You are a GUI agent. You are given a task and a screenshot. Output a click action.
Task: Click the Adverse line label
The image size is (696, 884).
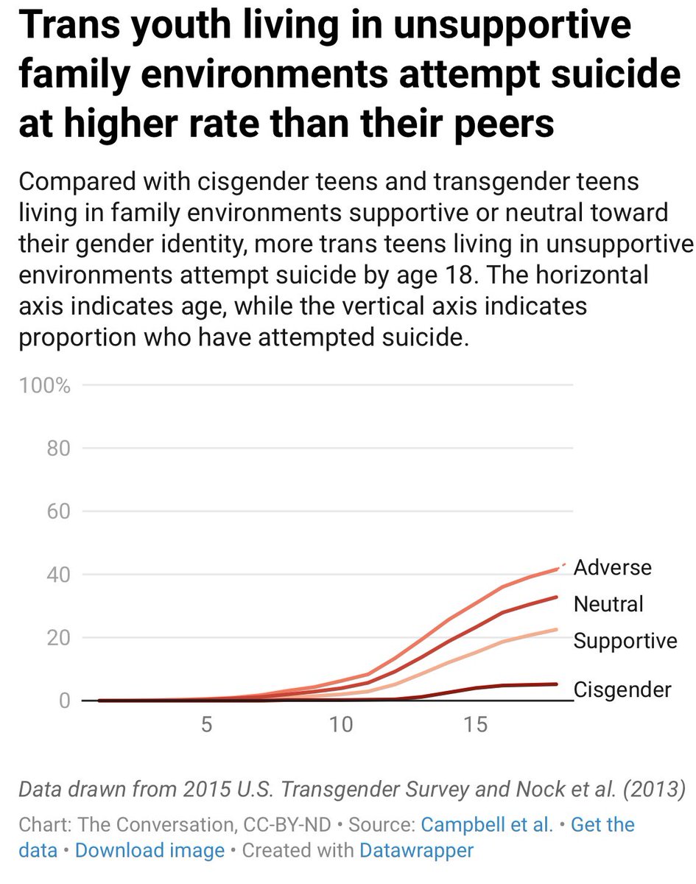coord(613,568)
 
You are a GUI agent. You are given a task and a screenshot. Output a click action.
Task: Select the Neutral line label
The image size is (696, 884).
coord(608,604)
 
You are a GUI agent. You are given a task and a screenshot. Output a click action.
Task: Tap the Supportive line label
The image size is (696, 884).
coord(625,641)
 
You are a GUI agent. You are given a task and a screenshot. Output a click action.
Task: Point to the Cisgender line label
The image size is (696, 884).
coord(622,690)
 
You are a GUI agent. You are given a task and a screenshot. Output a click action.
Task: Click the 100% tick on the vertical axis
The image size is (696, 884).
coord(45,386)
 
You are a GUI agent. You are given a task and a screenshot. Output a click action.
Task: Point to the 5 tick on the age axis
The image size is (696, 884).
coord(206,725)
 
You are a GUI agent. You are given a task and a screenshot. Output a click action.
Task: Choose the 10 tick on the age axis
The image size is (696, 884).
coord(341,725)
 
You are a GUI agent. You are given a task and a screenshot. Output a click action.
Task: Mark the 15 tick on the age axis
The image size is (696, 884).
coord(477,725)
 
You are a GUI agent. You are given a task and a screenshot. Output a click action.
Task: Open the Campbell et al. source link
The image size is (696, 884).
coord(486,824)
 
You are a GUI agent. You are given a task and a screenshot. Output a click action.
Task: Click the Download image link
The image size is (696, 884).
coord(150,850)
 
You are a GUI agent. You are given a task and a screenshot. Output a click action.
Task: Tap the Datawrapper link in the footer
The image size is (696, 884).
coord(416,850)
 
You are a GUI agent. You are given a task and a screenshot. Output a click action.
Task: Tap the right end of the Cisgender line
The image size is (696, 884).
coord(557,684)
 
